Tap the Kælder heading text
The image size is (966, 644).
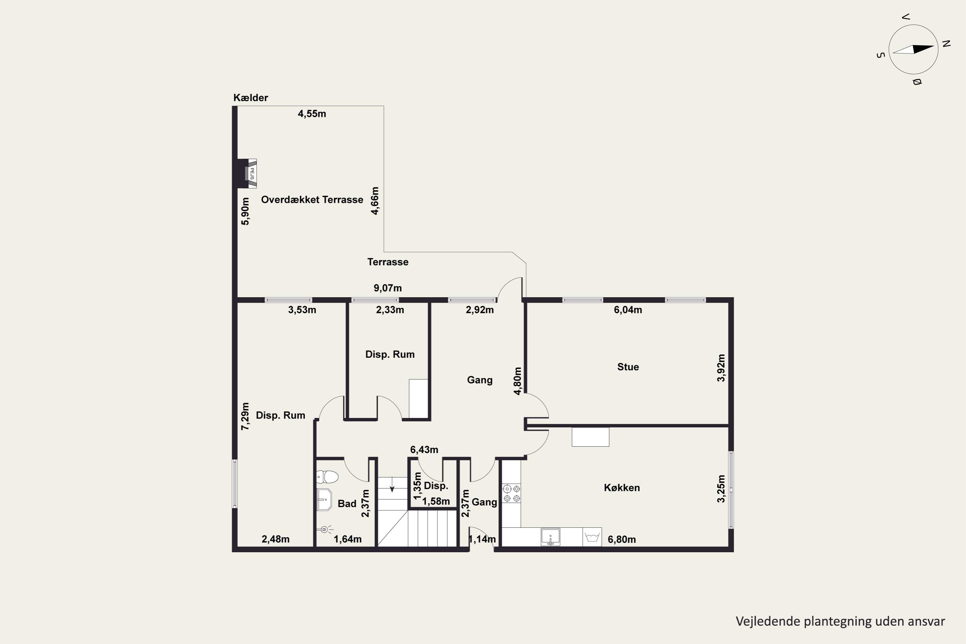click(251, 98)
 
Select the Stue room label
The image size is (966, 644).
click(628, 367)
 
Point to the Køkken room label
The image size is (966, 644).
click(622, 488)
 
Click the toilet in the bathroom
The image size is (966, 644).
click(327, 477)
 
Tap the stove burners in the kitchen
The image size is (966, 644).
click(512, 494)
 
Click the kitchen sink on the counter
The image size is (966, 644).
click(550, 537)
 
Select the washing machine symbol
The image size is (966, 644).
click(592, 537)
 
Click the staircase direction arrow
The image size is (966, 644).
click(392, 484)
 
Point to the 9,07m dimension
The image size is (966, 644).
click(388, 288)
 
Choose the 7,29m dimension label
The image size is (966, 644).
click(245, 416)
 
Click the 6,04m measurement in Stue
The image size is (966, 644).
click(628, 310)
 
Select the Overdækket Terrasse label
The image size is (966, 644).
click(312, 200)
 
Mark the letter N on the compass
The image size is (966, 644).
click(946, 43)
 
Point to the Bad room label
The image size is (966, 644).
click(347, 504)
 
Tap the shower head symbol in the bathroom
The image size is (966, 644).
click(325, 530)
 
